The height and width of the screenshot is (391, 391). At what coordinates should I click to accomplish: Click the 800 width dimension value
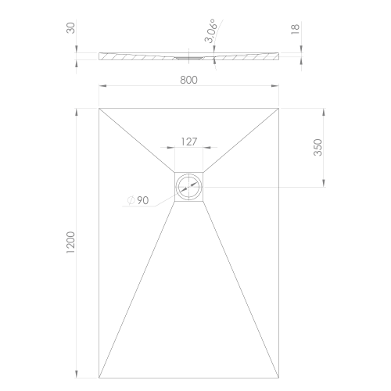(188, 79)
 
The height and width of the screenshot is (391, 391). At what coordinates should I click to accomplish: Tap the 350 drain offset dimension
(317, 148)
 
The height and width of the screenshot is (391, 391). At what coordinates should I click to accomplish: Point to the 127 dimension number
(188, 142)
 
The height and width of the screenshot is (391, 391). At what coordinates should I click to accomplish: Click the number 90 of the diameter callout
(143, 200)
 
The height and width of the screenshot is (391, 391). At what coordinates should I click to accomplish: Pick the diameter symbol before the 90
(131, 201)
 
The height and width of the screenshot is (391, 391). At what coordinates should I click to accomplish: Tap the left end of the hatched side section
(101, 56)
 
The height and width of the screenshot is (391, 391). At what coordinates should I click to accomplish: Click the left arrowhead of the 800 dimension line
(102, 85)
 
